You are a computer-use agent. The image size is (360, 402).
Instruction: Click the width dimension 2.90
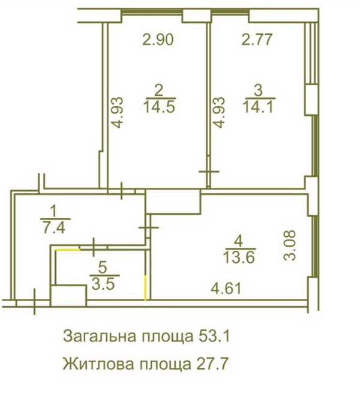point(158,40)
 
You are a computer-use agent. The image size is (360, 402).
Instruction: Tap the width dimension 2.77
point(257,40)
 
